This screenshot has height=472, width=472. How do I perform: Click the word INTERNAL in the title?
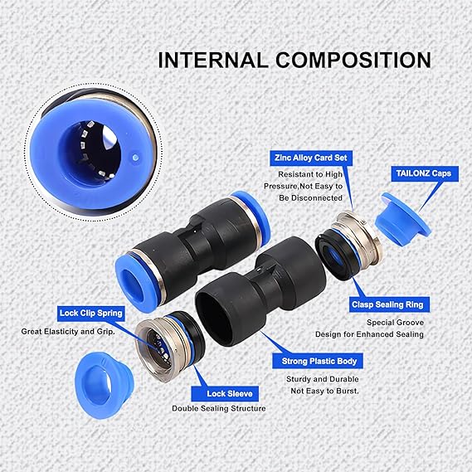tap(213, 61)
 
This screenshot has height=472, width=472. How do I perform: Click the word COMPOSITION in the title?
tap(353, 61)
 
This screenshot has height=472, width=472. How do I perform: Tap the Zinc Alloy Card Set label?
tap(311, 158)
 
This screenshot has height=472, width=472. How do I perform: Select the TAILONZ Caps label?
tap(425, 173)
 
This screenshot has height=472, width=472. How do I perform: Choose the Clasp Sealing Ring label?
tap(389, 304)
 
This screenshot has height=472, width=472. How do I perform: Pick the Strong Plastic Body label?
tap(318, 361)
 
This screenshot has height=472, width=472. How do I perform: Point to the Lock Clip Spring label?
tap(91, 314)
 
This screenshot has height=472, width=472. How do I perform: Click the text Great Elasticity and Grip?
tap(68, 332)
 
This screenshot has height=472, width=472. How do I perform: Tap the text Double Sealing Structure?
tap(219, 408)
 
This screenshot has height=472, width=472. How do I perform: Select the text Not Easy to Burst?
tap(325, 391)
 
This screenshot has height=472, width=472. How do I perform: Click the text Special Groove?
tap(395, 323)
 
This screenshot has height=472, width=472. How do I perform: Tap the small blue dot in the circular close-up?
tap(135, 157)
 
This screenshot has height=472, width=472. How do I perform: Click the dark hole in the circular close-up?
tap(90, 153)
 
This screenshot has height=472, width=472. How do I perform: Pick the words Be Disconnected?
tap(310, 197)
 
